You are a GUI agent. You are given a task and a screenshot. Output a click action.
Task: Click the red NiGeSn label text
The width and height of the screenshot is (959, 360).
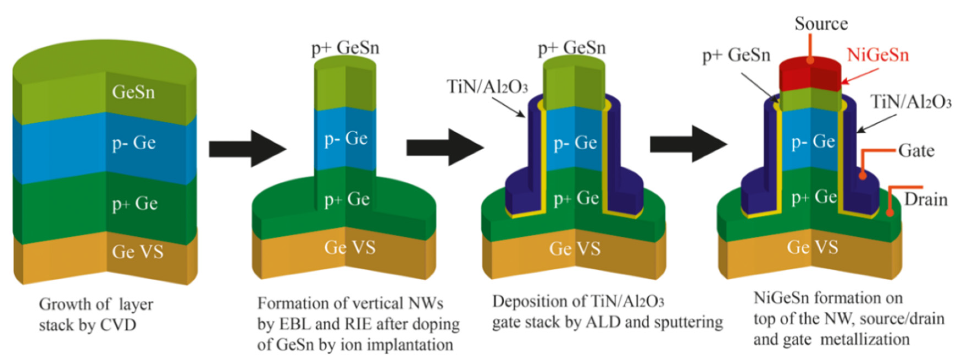[x=877, y=55]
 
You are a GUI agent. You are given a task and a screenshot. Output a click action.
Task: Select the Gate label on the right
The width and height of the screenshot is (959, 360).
[x=916, y=151]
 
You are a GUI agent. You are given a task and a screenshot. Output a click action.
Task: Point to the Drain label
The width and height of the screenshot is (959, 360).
[x=925, y=200]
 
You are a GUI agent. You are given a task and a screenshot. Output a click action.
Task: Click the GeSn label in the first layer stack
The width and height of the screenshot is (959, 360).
[x=133, y=92]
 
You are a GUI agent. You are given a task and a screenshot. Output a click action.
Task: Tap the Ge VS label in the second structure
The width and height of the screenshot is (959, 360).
[x=350, y=248]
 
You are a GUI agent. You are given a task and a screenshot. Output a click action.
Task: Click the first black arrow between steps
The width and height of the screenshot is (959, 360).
[x=247, y=149]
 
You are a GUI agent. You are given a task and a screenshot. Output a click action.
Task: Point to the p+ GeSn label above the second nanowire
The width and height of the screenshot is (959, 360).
[x=345, y=48]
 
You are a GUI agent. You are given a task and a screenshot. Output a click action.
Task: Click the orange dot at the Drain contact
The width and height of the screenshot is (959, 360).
[x=890, y=213]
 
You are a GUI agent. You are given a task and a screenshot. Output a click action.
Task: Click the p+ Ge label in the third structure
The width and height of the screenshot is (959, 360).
[x=576, y=198]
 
